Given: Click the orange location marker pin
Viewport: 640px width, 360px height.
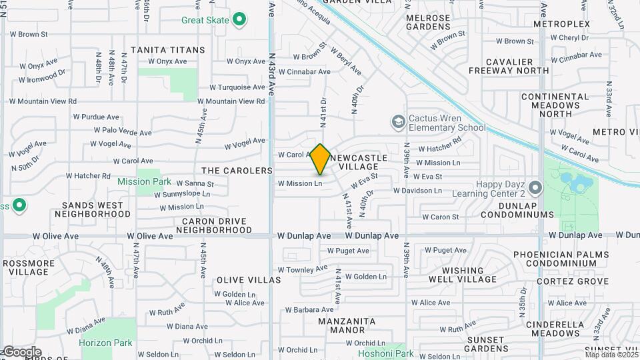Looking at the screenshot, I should pyautogui.click(x=320, y=159).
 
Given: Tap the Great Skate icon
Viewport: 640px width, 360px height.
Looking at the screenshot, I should pyautogui.click(x=239, y=20).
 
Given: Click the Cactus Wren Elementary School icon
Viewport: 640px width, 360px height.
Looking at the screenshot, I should pyautogui.click(x=399, y=121).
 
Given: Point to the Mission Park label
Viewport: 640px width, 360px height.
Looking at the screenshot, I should pyautogui.click(x=144, y=181).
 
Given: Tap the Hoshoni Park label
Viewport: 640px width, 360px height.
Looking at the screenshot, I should pyautogui.click(x=386, y=353).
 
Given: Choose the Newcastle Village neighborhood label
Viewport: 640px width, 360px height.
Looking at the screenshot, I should pyautogui.click(x=358, y=161).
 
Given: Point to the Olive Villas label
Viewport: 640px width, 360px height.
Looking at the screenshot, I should pyautogui.click(x=249, y=280).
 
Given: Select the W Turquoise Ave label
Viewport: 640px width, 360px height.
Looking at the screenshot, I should pyautogui.click(x=237, y=87).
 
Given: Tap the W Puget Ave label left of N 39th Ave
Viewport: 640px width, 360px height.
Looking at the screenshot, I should pyautogui.click(x=348, y=251).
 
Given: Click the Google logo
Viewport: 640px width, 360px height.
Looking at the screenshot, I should pyautogui.click(x=21, y=351).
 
